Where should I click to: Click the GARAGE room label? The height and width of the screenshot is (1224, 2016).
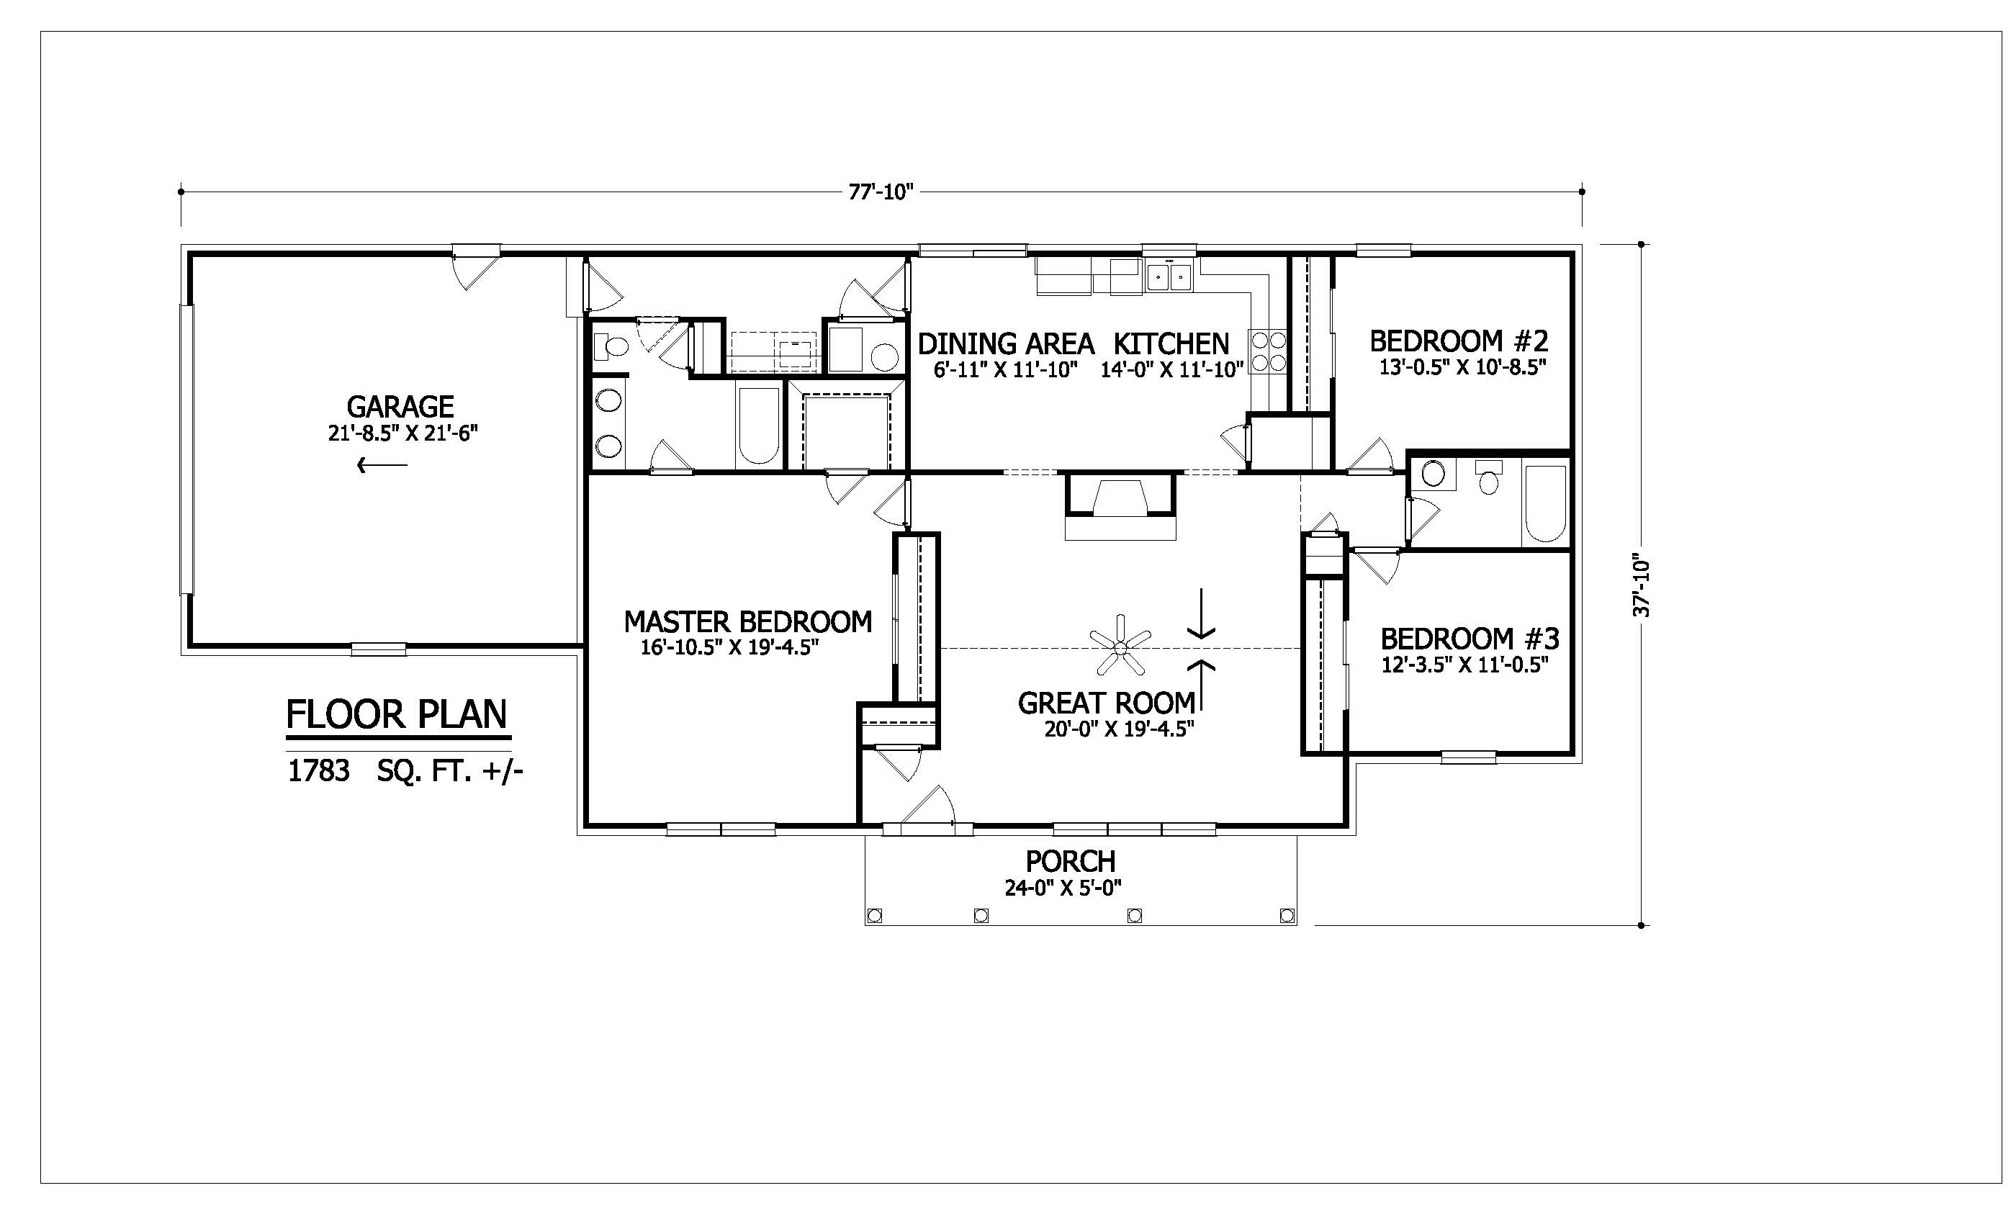(x=400, y=407)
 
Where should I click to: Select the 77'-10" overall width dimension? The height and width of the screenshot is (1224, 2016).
(x=881, y=192)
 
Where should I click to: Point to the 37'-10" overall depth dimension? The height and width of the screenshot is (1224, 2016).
(x=1642, y=588)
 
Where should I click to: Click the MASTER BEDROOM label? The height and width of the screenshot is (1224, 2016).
(x=748, y=622)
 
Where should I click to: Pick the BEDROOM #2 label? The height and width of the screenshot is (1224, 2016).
(x=1459, y=341)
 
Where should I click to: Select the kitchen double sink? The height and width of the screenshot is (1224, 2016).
(x=1169, y=276)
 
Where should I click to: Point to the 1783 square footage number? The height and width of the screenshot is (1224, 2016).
(x=318, y=770)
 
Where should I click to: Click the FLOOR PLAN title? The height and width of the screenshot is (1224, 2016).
(x=397, y=714)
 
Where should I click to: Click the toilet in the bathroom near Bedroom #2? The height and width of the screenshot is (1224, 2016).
(x=1489, y=479)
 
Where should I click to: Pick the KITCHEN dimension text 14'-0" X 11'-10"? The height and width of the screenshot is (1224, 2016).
(x=1171, y=370)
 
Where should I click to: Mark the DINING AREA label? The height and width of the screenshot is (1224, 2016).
(x=1006, y=343)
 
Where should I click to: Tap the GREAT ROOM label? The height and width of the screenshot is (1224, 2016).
(x=1106, y=703)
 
